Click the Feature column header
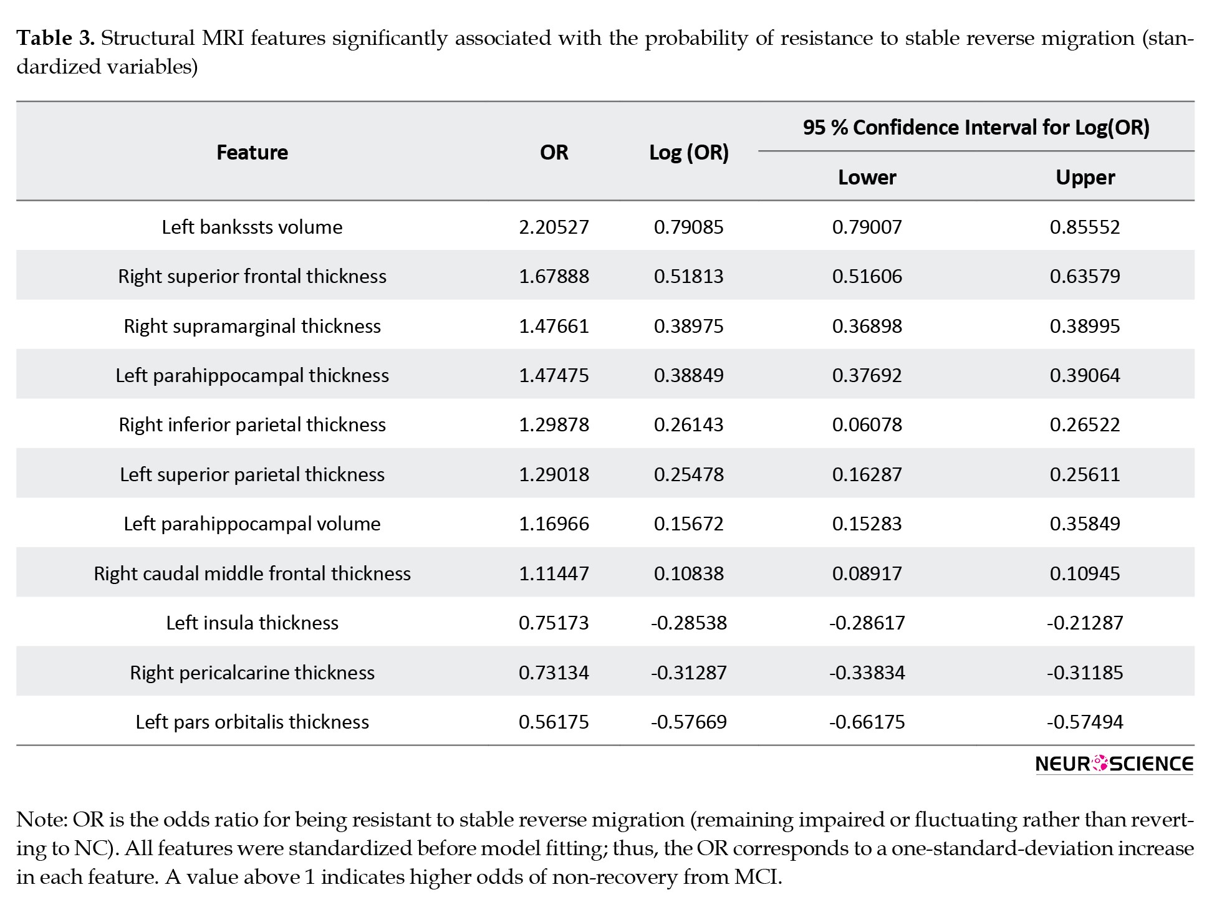(x=252, y=152)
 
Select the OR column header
(x=554, y=152)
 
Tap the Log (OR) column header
(x=689, y=153)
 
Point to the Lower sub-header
(x=867, y=177)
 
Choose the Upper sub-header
(x=1085, y=178)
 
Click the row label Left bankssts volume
(x=252, y=226)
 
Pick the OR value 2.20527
(x=554, y=226)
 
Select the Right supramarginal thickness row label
(x=252, y=326)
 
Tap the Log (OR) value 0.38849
(x=689, y=375)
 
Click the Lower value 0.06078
(x=867, y=424)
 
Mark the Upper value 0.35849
(x=1085, y=524)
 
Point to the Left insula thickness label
(x=252, y=623)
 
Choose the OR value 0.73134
(x=554, y=673)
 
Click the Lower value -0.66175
(x=867, y=722)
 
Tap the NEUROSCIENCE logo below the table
(x=1114, y=764)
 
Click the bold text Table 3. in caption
(x=55, y=39)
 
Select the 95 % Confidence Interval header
(x=976, y=127)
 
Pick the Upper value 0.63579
(x=1085, y=276)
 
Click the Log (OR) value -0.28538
(x=689, y=623)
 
